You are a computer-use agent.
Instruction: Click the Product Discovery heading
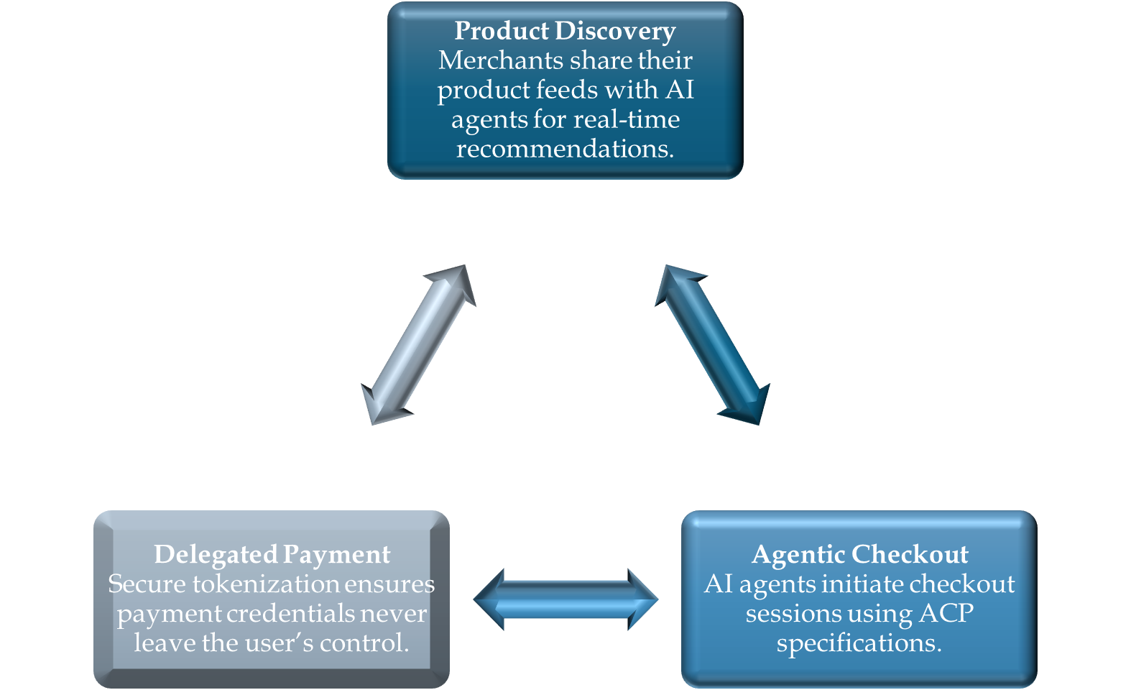point(565,31)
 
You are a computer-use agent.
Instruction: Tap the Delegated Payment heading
point(272,554)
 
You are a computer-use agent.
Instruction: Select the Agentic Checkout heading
point(859,554)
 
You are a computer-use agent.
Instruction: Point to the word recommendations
point(565,149)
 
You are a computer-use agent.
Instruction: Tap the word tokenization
point(267,584)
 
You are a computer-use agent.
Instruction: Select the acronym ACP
point(946,613)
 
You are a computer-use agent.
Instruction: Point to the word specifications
point(859,643)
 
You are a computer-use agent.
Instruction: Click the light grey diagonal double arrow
point(418,345)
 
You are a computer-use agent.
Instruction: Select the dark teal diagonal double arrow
point(712,345)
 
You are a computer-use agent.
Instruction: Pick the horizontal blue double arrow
point(565,599)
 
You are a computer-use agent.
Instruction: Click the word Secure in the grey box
point(147,584)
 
